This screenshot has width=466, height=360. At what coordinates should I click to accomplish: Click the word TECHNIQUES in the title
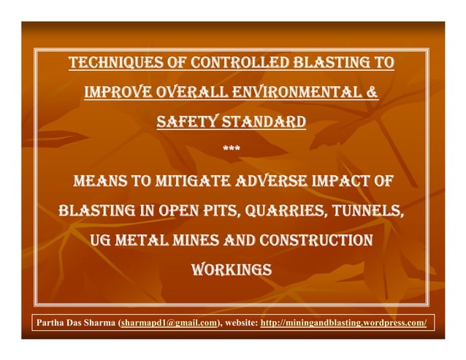[112, 64]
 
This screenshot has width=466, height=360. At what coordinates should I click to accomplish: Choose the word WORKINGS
[231, 270]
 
